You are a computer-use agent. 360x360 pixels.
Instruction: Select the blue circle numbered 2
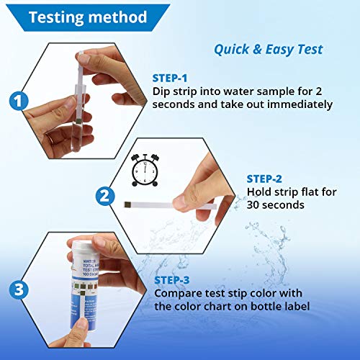(x=105, y=195)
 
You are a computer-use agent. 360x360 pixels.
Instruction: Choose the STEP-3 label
(x=174, y=280)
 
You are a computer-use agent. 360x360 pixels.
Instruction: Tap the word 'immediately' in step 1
(x=297, y=104)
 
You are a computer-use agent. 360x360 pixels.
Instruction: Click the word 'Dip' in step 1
(x=162, y=91)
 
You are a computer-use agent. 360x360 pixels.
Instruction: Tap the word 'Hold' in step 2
(x=260, y=192)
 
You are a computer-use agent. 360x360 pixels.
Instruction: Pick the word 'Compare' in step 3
(x=177, y=293)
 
